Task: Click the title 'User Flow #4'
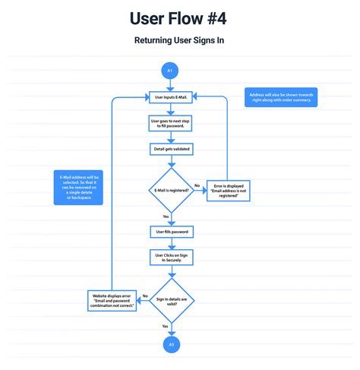tap(180, 17)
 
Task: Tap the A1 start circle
tap(170, 71)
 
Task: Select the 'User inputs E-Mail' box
tap(170, 97)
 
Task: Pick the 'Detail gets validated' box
tap(170, 149)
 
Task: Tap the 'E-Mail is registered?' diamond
tap(170, 191)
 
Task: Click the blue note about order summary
tap(282, 97)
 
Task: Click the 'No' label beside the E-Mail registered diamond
tap(196, 184)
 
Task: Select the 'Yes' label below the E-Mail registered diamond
tap(165, 216)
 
